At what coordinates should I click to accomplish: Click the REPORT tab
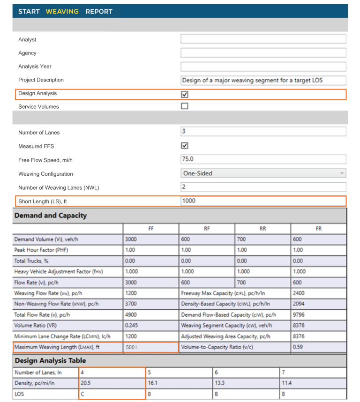coord(99,11)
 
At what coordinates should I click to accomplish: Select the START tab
coord(29,11)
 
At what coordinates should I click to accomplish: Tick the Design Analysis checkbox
coord(185,94)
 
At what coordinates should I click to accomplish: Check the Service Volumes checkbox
coord(185,106)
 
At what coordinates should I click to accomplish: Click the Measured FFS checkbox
coord(185,146)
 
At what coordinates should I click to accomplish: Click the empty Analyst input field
coord(263,39)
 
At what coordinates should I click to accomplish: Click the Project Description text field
coord(263,80)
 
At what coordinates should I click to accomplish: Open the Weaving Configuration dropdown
coord(263,173)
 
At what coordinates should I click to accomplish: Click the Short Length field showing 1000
coord(263,201)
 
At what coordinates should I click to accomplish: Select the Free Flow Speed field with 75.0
coord(263,159)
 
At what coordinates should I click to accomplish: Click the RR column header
coord(262,229)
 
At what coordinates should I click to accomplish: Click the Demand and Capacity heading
coord(51,216)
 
